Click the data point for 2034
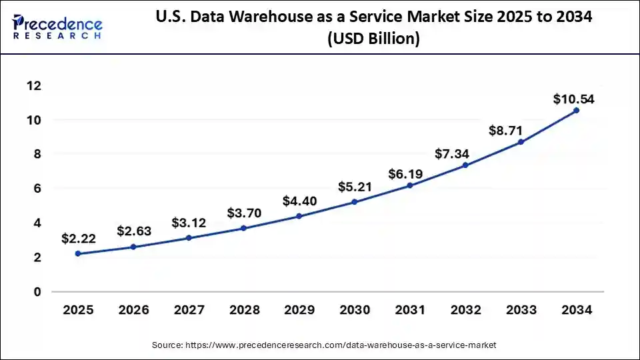pyautogui.click(x=576, y=111)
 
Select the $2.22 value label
pyautogui.click(x=78, y=238)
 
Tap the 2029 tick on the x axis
pyautogui.click(x=299, y=311)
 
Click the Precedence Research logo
pyautogui.click(x=57, y=26)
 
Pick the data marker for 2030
pyautogui.click(x=354, y=202)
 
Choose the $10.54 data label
pyautogui.click(x=574, y=100)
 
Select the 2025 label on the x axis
pyautogui.click(x=78, y=311)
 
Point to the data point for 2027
pyautogui.click(x=189, y=237)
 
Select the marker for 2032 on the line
pyautogui.click(x=465, y=165)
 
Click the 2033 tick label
pyautogui.click(x=521, y=311)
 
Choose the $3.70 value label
pyautogui.click(x=244, y=214)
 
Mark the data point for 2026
pyautogui.click(x=133, y=247)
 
